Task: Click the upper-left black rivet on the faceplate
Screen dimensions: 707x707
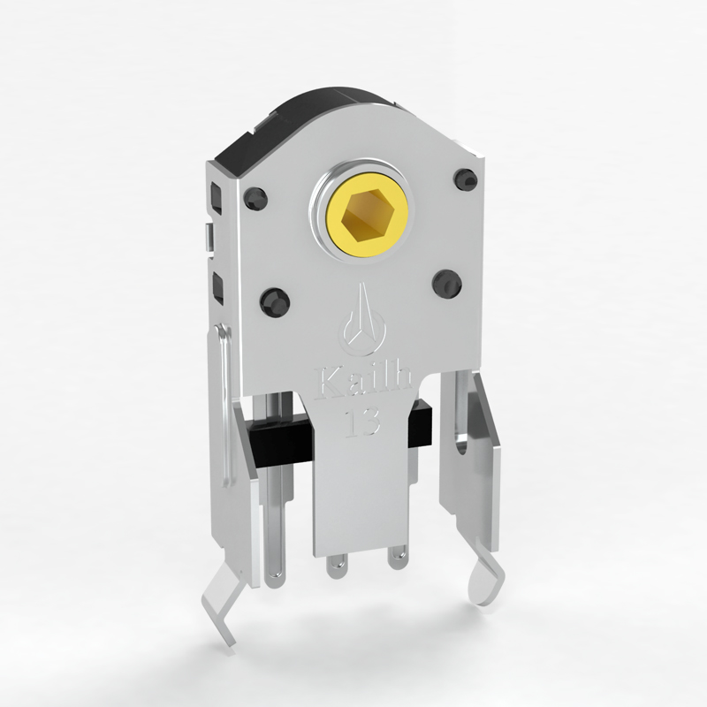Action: [x=255, y=197]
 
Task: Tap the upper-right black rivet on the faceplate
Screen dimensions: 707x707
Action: [x=466, y=179]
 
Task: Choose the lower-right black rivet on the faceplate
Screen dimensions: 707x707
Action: [x=447, y=283]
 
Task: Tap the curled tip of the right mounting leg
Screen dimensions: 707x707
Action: [x=487, y=582]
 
